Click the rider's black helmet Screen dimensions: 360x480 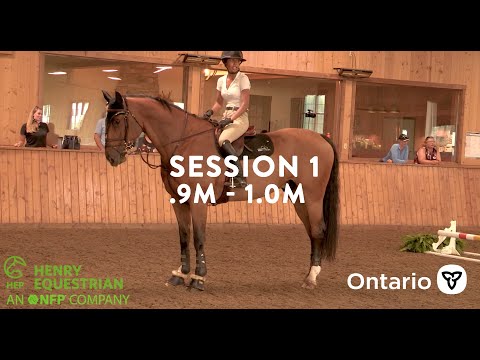233,57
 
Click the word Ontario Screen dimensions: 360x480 388,281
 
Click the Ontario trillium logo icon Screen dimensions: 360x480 452,279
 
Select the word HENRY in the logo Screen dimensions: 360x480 59,270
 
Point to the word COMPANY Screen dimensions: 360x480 98,299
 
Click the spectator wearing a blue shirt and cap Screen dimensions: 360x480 400,149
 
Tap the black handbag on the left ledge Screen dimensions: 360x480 71,142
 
